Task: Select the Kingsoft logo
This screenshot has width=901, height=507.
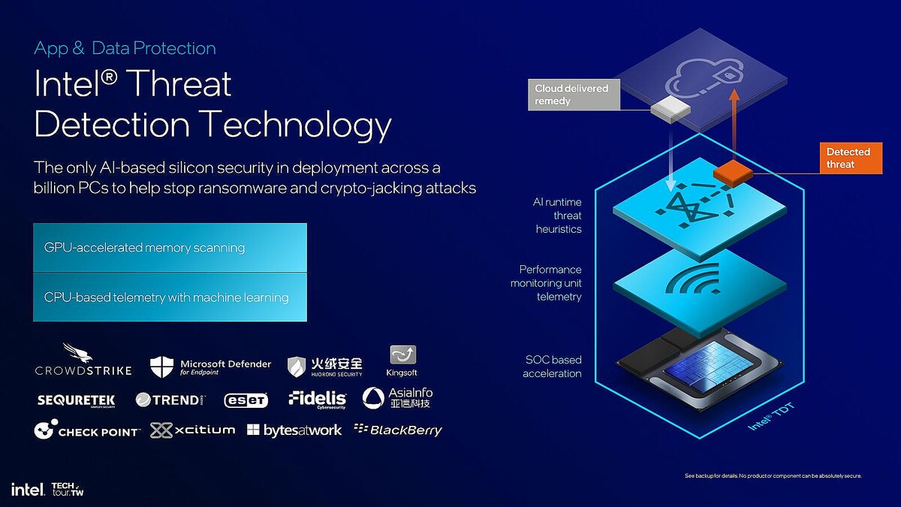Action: click(403, 361)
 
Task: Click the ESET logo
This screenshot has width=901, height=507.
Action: click(246, 400)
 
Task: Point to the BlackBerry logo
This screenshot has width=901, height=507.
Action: click(398, 430)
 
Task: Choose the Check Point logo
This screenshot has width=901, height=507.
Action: click(87, 430)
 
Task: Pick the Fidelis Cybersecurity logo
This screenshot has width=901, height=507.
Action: click(318, 400)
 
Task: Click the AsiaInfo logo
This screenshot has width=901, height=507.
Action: click(397, 398)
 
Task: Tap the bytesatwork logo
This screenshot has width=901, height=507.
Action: click(294, 430)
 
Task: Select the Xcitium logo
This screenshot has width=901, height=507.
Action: click(192, 430)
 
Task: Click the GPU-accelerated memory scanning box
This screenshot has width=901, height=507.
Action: click(170, 247)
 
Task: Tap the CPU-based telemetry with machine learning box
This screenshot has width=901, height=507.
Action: click(170, 297)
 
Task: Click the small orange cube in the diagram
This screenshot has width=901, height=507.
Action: click(733, 173)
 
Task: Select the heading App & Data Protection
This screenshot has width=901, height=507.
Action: click(125, 49)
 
